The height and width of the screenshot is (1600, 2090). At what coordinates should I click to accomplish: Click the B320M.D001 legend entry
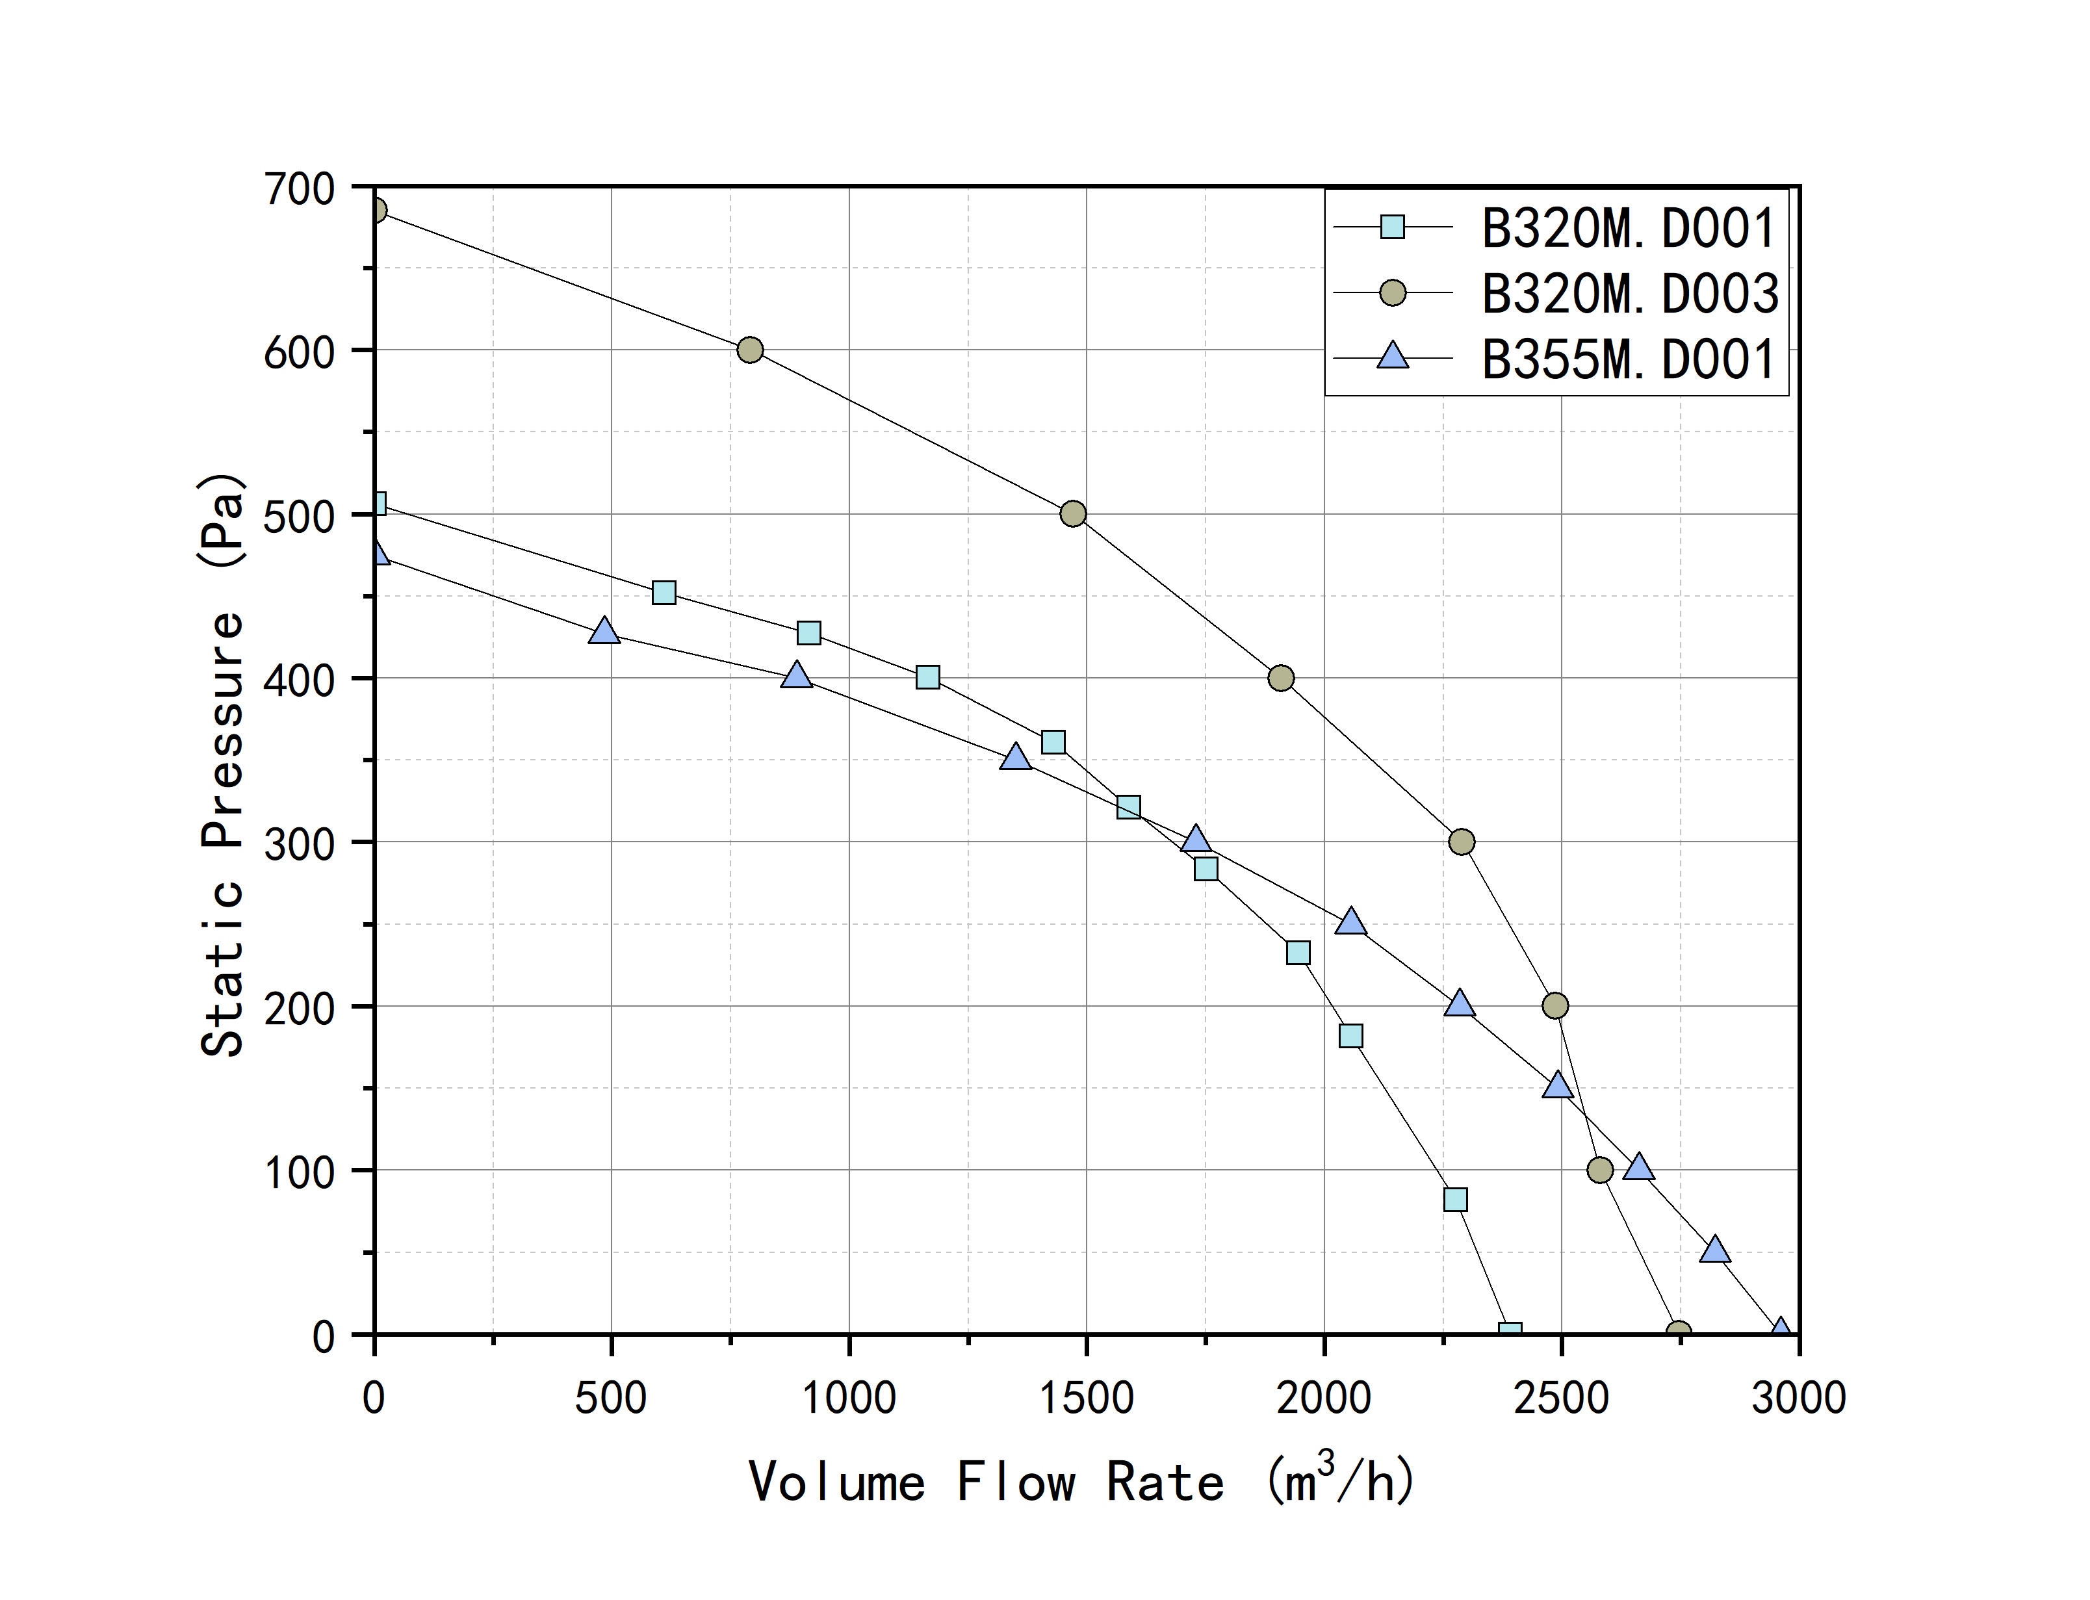[1627, 229]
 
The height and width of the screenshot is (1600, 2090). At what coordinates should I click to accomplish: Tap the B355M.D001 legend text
[1627, 359]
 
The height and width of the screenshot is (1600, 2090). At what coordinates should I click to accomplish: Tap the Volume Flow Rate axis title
[1081, 1481]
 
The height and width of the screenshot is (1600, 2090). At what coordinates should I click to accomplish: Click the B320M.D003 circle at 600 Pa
[751, 350]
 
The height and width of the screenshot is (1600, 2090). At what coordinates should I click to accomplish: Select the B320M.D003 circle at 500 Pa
[1073, 514]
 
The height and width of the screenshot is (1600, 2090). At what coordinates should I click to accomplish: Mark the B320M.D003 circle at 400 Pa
[1282, 678]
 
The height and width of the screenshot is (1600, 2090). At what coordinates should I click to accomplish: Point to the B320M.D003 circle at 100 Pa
[1601, 1170]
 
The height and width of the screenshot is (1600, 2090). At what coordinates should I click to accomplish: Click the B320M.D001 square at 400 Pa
[927, 677]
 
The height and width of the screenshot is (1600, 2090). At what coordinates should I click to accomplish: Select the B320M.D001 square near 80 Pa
[1455, 1200]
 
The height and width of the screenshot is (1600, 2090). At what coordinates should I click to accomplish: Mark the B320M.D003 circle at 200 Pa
[1555, 1006]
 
